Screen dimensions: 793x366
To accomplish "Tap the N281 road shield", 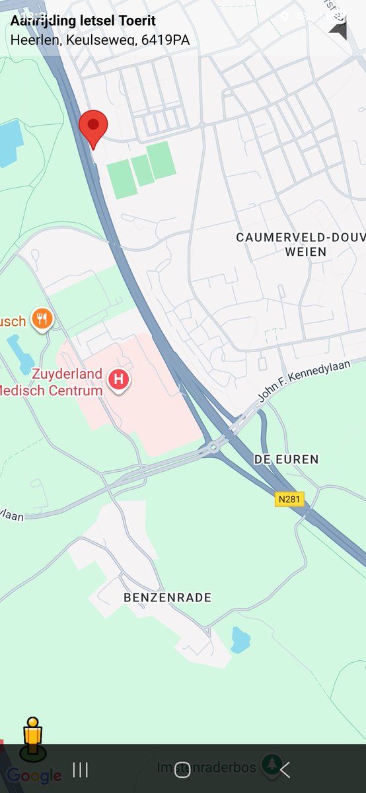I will (290, 499).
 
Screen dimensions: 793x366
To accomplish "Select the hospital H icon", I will (119, 379).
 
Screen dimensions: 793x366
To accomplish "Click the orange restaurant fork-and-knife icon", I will (44, 319).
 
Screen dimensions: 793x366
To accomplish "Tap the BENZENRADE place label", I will (168, 597).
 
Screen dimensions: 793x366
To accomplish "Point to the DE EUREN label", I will (286, 459).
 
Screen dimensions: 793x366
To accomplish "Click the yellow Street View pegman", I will (32, 736).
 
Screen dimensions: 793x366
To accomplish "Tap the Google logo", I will (34, 775).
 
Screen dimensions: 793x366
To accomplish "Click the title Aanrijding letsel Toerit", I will (83, 20).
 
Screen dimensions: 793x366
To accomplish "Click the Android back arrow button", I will (285, 769).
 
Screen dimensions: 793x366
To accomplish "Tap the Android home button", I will (182, 769).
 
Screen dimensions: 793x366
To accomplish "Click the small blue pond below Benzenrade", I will (240, 640).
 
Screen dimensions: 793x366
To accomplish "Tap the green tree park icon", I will (270, 765).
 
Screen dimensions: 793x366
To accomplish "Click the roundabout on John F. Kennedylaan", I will (213, 447).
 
